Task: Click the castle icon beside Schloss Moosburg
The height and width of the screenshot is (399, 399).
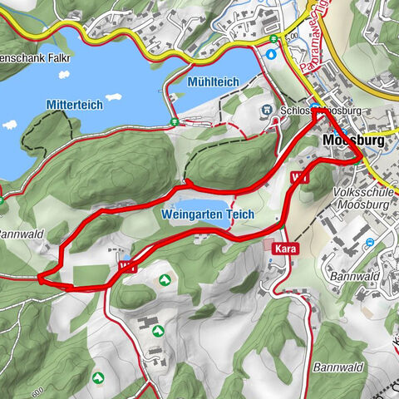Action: [267, 109]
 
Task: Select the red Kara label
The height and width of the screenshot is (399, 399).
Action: [283, 247]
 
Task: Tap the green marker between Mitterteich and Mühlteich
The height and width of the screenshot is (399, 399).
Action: [173, 122]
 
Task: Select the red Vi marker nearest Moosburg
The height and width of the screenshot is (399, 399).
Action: [299, 177]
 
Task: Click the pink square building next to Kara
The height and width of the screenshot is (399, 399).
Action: [268, 246]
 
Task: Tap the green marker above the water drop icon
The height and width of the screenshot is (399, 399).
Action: [273, 38]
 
